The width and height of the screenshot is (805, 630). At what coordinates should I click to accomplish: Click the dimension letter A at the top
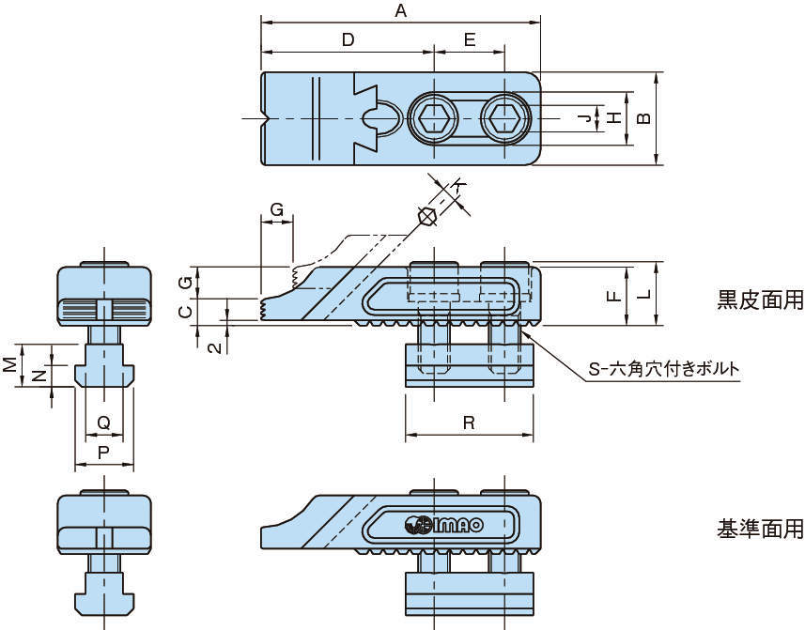click(x=401, y=11)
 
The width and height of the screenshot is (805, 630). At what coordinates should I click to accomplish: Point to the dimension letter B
click(x=643, y=118)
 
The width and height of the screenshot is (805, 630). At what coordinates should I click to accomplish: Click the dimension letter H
click(x=613, y=118)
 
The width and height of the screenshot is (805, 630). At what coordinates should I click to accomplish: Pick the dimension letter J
click(x=584, y=118)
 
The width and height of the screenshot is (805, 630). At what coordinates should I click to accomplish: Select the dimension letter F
click(x=612, y=295)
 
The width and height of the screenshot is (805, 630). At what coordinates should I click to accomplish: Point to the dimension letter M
click(x=8, y=363)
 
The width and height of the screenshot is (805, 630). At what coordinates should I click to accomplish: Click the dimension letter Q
click(x=104, y=423)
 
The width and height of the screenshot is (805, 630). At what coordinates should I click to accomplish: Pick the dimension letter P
click(x=104, y=453)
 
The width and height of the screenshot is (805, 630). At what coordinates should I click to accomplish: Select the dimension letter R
click(x=469, y=423)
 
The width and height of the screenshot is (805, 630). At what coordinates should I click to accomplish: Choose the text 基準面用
click(x=760, y=530)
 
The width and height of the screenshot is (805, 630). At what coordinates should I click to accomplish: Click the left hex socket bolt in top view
click(x=434, y=120)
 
